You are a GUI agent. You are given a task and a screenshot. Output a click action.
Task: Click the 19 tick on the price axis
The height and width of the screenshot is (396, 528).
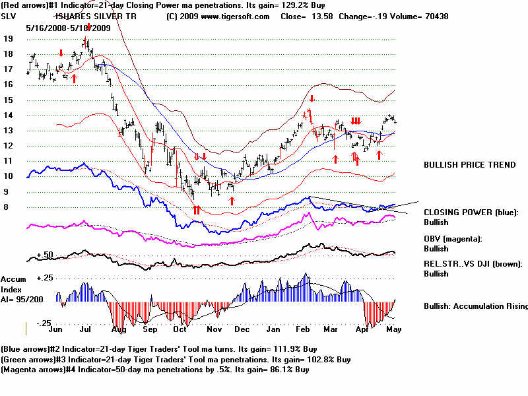click(x=9, y=39)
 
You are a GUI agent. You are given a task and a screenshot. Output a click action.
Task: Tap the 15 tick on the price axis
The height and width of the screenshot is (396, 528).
click(x=9, y=100)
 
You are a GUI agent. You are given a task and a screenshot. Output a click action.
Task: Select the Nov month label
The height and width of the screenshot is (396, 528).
click(x=213, y=328)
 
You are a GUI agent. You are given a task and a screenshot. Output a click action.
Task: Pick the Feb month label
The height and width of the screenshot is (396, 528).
click(x=304, y=328)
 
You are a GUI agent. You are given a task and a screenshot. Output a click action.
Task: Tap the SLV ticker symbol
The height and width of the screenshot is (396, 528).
click(x=10, y=16)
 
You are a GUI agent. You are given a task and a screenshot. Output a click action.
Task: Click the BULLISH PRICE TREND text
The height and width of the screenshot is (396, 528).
click(x=470, y=165)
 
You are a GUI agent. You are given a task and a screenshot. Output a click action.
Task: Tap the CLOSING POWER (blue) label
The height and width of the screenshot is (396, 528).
click(x=471, y=213)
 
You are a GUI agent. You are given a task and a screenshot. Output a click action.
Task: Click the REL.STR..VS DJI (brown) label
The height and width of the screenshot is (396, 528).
click(x=473, y=264)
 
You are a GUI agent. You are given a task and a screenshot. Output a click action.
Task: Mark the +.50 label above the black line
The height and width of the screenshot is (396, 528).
click(x=44, y=254)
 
